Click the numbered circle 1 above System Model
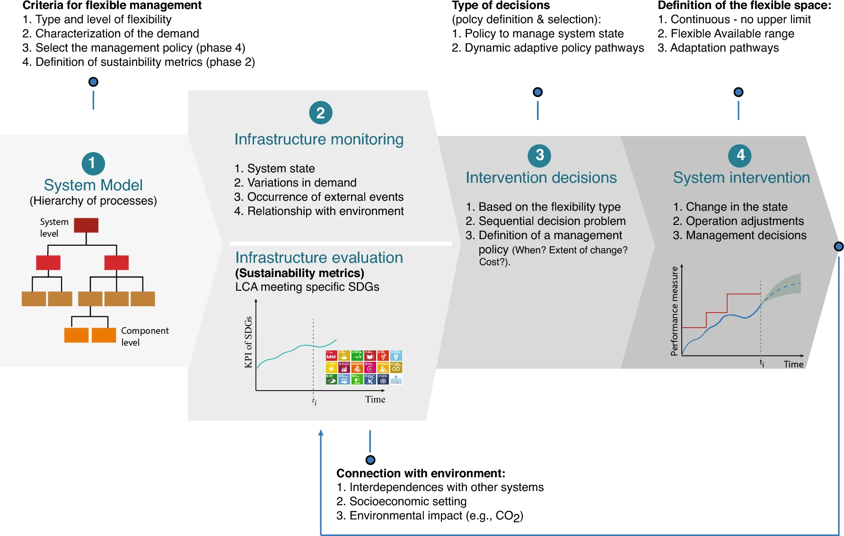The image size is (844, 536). (x=93, y=163)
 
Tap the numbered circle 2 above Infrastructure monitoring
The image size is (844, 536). (x=321, y=113)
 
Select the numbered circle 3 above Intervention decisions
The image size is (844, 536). (x=539, y=155)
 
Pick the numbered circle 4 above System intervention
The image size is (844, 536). (x=740, y=155)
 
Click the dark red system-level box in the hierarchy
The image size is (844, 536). (x=86, y=225)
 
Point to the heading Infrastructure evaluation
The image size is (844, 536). (x=319, y=258)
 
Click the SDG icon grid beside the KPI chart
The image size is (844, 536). (x=364, y=367)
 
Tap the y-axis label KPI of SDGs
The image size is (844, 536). (x=248, y=342)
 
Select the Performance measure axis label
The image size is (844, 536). (x=675, y=311)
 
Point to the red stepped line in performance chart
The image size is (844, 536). (x=728, y=303)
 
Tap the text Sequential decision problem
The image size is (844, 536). (x=552, y=221)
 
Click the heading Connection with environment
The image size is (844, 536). (x=421, y=473)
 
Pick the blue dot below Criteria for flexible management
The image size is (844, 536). (x=94, y=82)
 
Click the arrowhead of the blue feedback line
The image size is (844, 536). (x=321, y=433)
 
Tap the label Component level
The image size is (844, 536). (x=144, y=336)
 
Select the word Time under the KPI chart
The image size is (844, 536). (x=375, y=400)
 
